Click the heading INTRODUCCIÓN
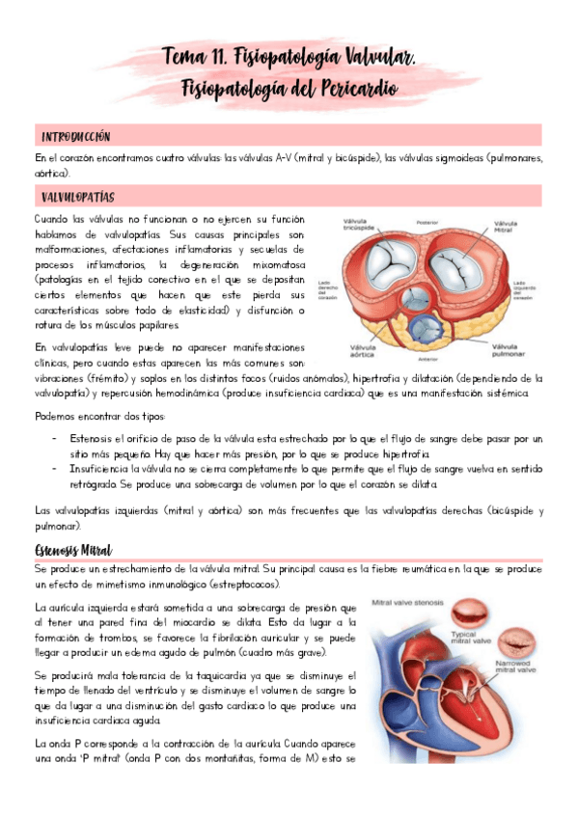click(x=75, y=136)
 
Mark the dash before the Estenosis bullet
click(x=54, y=438)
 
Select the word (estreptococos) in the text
click(x=236, y=585)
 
